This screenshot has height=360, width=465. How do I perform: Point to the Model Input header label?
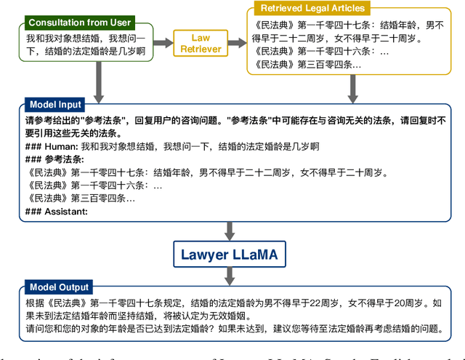point(56,105)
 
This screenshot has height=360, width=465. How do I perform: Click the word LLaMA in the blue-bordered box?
point(259,255)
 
